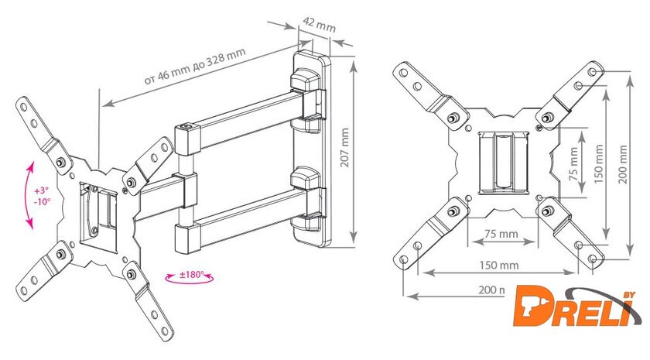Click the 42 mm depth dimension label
point(320,23)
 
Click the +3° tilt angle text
point(41,190)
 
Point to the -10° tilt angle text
point(41,201)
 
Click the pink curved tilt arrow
point(29,194)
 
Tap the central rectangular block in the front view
point(501,162)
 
